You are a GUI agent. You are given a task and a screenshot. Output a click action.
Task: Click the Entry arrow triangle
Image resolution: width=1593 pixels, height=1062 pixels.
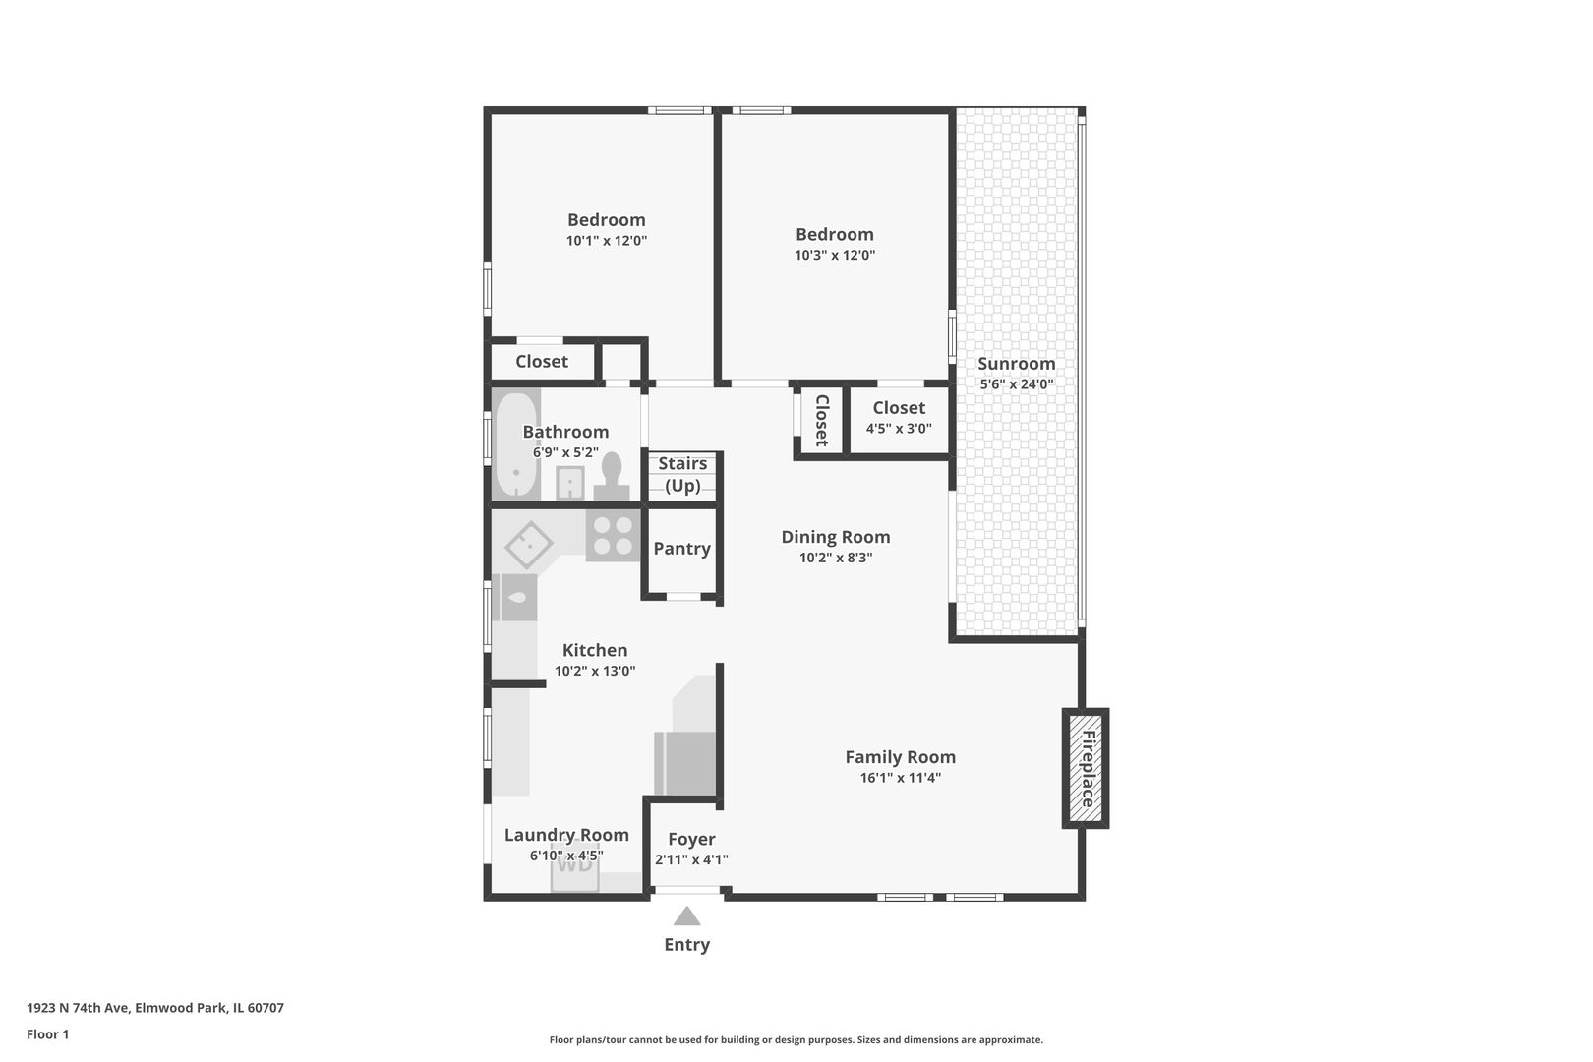[686, 915]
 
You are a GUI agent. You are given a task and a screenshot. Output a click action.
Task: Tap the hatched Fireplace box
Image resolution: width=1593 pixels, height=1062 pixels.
[1086, 768]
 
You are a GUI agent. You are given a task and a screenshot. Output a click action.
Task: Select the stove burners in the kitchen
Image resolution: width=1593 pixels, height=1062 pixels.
[613, 536]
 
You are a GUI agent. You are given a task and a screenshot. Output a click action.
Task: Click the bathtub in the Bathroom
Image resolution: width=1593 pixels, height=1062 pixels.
[515, 443]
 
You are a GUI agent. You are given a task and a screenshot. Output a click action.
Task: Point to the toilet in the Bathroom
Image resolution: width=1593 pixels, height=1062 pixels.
[611, 477]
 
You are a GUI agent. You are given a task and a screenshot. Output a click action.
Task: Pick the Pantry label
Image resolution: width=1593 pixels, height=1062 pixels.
[682, 549]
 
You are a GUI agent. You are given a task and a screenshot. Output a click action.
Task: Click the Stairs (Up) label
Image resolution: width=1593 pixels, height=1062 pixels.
[682, 474]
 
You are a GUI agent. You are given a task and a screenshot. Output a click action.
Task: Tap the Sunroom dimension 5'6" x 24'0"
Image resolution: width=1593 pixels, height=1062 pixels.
[1016, 384]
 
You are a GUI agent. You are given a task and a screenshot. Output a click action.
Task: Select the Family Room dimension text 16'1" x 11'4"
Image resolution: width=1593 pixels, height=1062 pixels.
[901, 778]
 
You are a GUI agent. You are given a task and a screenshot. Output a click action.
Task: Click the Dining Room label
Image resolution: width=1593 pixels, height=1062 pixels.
[836, 537]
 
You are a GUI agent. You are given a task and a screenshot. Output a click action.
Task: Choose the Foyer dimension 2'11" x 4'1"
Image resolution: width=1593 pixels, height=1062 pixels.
[691, 859]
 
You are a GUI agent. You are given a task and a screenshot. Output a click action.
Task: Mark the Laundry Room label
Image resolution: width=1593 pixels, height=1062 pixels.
[566, 835]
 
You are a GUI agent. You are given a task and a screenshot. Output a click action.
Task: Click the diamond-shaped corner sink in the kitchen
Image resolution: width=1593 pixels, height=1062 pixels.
[528, 545]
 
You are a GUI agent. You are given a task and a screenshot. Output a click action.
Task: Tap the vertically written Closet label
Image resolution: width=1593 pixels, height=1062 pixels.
[821, 421]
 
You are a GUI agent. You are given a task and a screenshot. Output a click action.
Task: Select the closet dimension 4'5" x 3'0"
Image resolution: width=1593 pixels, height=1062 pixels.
[899, 428]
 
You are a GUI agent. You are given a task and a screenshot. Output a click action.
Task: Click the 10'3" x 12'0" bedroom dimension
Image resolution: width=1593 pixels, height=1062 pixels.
[834, 255]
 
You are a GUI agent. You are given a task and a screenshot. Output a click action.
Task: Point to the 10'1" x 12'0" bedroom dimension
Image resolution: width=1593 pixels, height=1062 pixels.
[607, 241]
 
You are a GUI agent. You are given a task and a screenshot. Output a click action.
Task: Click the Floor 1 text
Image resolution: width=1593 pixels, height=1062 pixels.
[47, 1034]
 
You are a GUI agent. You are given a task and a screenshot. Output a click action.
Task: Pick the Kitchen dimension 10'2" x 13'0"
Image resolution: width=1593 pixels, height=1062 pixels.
[595, 671]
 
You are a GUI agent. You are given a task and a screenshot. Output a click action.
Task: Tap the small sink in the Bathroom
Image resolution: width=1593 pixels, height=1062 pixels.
[569, 483]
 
